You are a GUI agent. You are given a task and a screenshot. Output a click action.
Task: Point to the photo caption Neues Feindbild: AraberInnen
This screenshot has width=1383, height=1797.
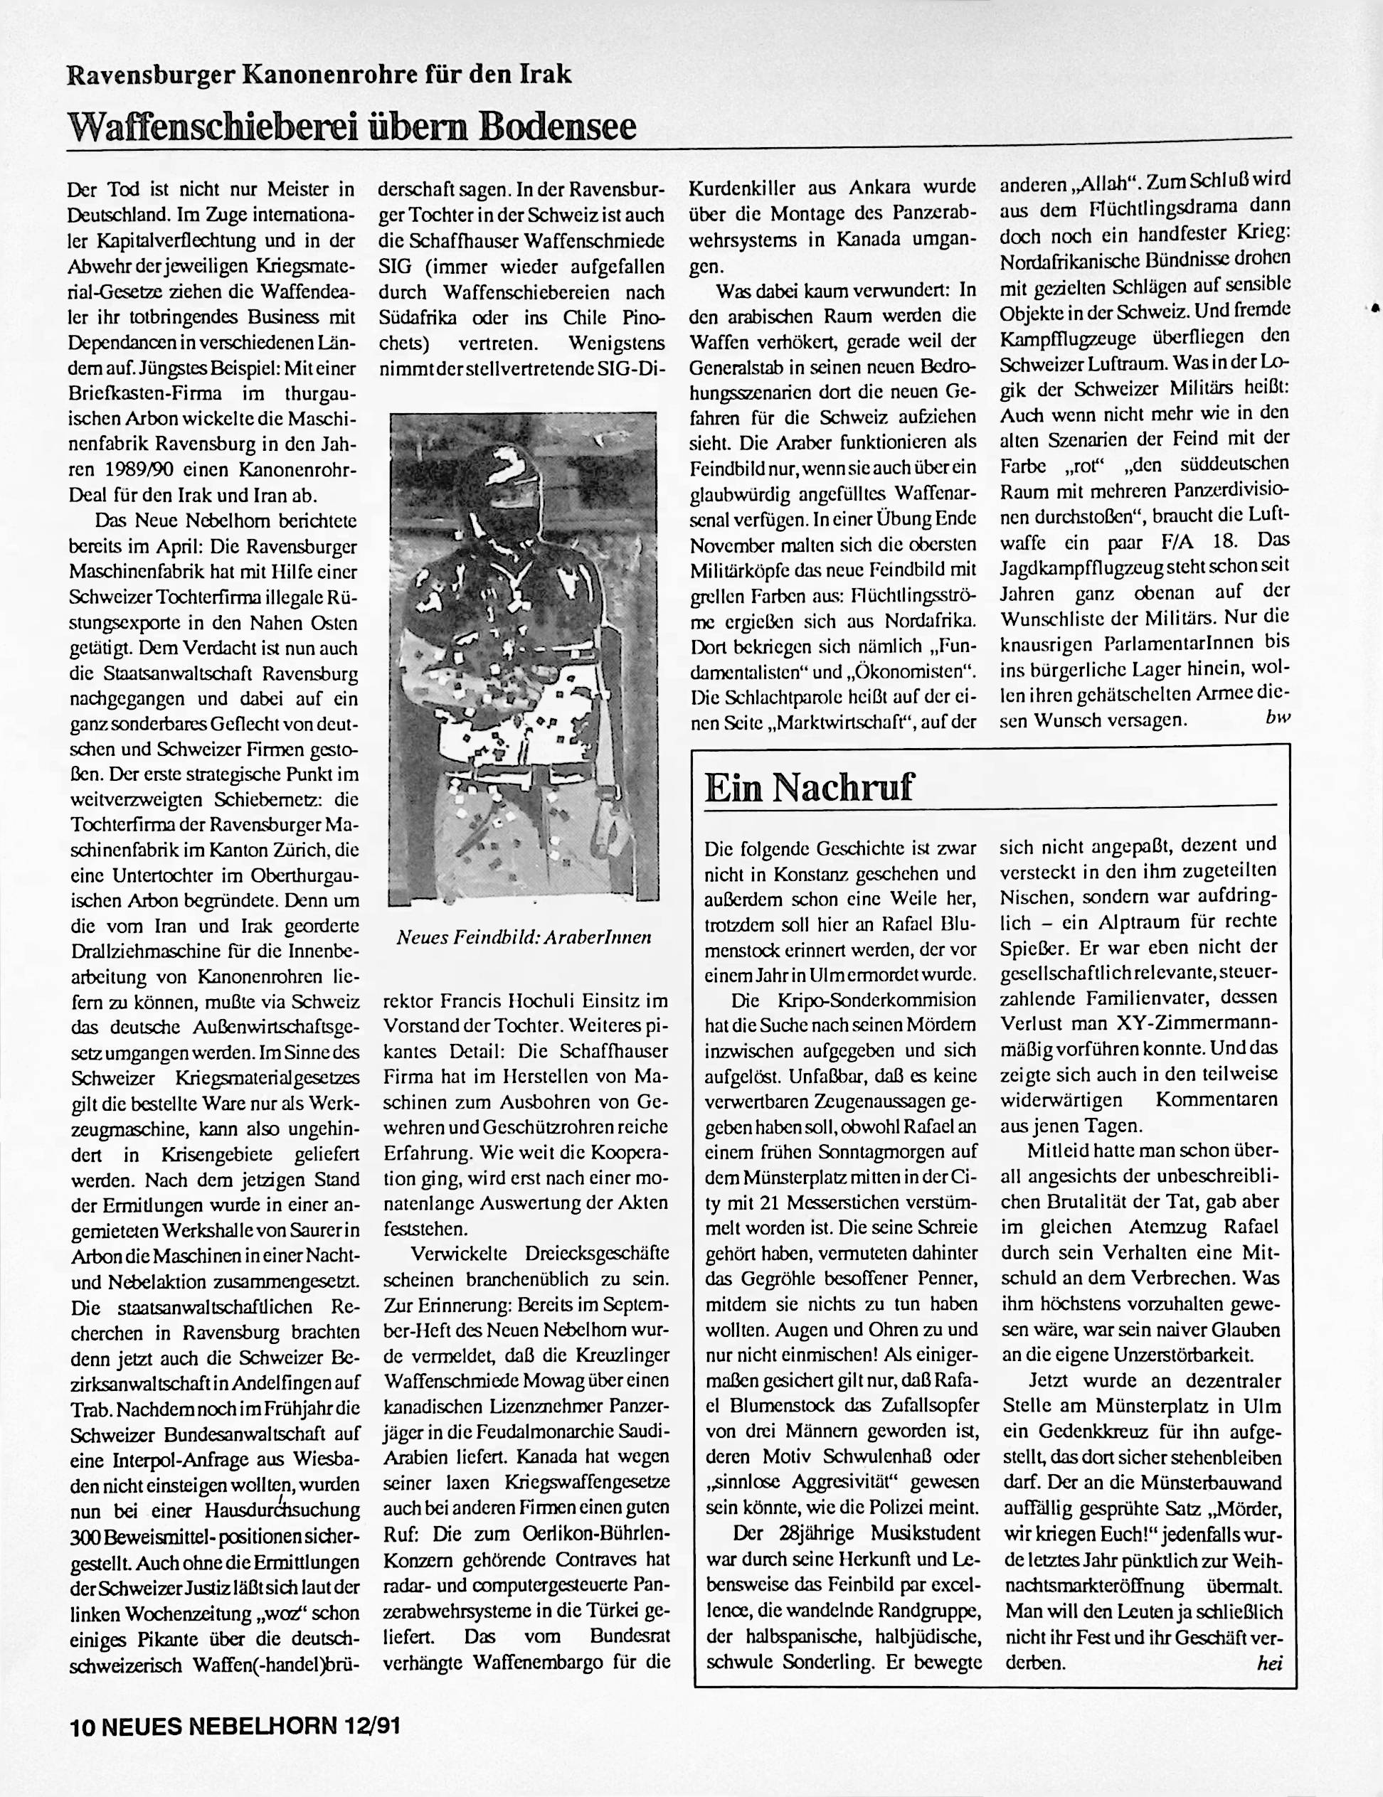pyautogui.click(x=524, y=937)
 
